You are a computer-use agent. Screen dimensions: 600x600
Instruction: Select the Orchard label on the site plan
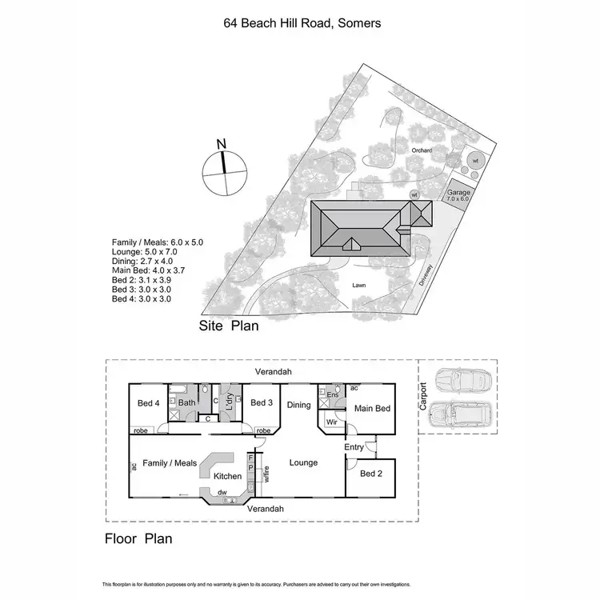coord(422,150)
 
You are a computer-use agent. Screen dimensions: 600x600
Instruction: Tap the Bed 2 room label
coord(371,474)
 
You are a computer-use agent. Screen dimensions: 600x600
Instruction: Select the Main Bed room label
coord(372,409)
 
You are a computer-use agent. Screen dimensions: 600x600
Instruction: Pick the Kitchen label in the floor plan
coord(227,476)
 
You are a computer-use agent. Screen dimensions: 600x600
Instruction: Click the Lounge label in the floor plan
coord(303,462)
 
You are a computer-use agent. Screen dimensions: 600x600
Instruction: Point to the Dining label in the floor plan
coord(299,405)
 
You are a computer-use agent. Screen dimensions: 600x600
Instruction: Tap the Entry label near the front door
coord(354,447)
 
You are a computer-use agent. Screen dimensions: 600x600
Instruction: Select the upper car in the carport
coord(458,380)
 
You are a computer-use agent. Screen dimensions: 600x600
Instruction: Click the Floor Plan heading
coord(138,538)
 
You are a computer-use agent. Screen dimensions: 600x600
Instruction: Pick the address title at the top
coord(302,23)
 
